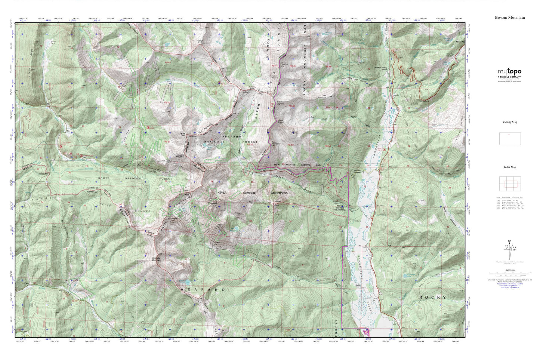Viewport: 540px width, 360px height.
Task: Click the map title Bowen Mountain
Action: (x=510, y=18)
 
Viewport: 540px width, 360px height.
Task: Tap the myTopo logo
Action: (x=509, y=72)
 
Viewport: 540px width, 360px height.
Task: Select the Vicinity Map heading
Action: (x=510, y=122)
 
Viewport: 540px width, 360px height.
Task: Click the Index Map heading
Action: (x=510, y=167)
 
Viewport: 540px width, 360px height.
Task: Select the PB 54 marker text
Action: (x=328, y=146)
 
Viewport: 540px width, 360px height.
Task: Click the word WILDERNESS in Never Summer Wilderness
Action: (x=279, y=193)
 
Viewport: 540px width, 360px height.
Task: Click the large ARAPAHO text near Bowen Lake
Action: (x=203, y=290)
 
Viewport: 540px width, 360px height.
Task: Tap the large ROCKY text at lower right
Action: (x=432, y=297)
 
